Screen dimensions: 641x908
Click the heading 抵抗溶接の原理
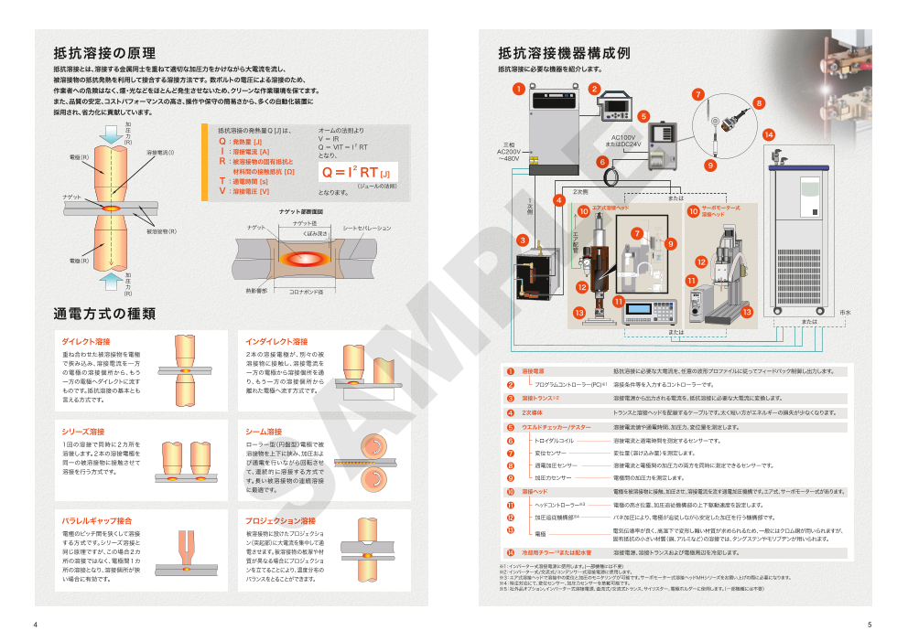point(104,52)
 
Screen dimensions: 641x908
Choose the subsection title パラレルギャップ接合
point(97,520)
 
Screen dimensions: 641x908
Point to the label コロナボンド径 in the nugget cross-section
point(307,292)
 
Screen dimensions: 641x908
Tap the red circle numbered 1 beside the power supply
point(518,89)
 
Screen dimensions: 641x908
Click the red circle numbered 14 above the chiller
point(769,134)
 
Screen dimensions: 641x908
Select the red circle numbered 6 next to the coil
point(602,161)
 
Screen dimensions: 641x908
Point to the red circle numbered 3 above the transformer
point(522,240)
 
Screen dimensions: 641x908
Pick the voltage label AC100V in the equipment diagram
point(622,137)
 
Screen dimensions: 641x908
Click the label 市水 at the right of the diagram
point(845,313)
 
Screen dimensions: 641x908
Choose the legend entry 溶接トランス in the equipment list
point(540,399)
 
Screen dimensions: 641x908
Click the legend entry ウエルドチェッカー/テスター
point(557,427)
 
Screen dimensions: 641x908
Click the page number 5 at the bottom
point(870,625)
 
